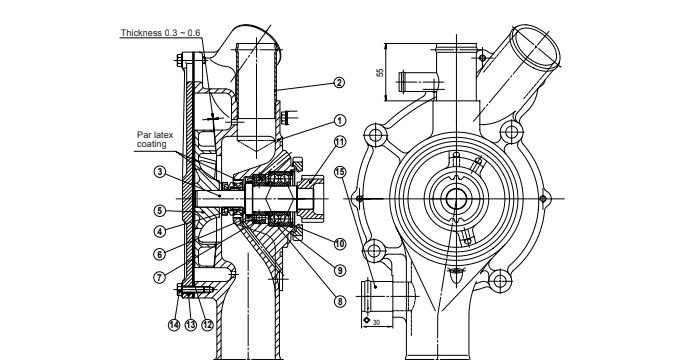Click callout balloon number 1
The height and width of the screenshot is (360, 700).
point(340,120)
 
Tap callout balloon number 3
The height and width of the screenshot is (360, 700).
point(159,172)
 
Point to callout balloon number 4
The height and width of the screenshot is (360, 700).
point(159,230)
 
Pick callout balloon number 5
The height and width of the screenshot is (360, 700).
point(159,211)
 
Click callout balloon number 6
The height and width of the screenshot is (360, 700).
point(159,253)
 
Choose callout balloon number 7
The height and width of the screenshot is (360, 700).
point(159,276)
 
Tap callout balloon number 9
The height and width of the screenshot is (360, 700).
point(340,270)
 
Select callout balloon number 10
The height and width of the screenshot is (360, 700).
point(340,243)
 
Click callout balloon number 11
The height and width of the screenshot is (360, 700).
point(340,141)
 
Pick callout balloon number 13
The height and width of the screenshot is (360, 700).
point(189,324)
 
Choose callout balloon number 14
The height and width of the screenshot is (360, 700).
point(173,324)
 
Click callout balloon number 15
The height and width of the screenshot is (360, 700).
point(340,171)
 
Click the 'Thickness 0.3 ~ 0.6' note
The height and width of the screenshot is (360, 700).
point(160,33)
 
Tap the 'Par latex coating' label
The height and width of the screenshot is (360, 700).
point(152,139)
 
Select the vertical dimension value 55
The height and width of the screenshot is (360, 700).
point(379,73)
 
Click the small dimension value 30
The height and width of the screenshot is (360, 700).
point(376,322)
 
